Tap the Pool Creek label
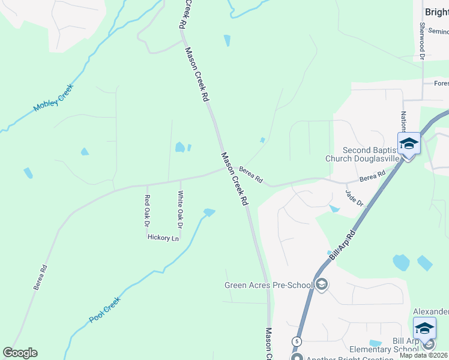(x=105, y=310)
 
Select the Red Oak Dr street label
(x=146, y=211)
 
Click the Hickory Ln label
(x=163, y=238)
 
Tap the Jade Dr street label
(x=355, y=198)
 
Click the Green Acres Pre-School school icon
(x=322, y=284)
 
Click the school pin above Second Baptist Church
(x=409, y=144)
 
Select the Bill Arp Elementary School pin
(x=424, y=329)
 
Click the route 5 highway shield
(x=297, y=341)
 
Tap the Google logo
(x=20, y=353)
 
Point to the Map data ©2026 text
(x=424, y=355)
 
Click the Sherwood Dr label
(x=422, y=41)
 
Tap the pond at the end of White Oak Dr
(x=209, y=212)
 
